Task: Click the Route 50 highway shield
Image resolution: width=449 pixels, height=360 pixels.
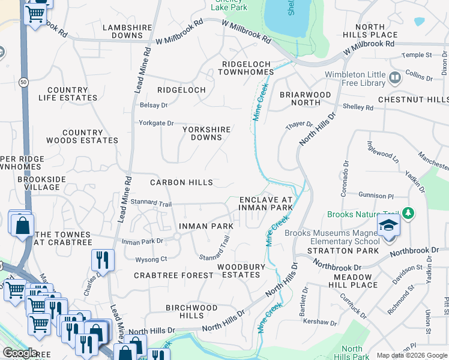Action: click(23, 81)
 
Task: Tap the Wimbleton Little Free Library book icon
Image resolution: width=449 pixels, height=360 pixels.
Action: click(395, 77)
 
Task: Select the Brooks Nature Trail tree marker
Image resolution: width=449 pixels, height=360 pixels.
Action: click(408, 213)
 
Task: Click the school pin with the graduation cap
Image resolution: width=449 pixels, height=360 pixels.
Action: click(388, 226)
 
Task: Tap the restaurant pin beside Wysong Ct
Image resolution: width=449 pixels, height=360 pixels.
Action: click(103, 260)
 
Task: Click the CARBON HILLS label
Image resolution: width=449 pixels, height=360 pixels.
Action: click(181, 182)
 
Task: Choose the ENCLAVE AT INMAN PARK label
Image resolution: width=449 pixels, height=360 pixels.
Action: click(266, 203)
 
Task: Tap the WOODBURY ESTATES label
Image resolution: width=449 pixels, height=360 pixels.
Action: click(239, 271)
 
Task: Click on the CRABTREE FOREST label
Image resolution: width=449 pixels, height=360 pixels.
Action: click(165, 275)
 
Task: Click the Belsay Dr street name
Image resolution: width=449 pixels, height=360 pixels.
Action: click(153, 105)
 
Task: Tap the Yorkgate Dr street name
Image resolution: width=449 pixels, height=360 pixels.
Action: click(155, 123)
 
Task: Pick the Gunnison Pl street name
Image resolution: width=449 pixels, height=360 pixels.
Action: click(376, 196)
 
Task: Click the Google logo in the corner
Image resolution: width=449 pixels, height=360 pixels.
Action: click(20, 353)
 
